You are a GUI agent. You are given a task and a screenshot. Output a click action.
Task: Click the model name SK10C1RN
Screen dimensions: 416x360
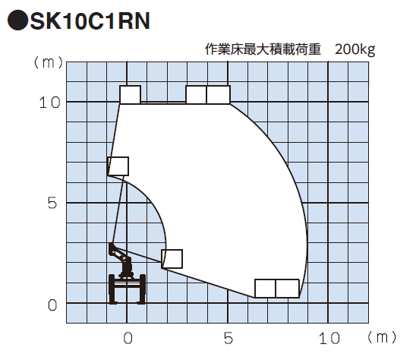point(90,21)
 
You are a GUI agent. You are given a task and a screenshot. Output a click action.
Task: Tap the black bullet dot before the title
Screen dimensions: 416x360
point(17,21)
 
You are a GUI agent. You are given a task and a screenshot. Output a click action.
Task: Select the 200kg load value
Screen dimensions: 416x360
point(355,49)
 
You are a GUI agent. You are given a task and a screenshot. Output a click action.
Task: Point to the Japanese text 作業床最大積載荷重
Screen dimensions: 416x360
point(263,49)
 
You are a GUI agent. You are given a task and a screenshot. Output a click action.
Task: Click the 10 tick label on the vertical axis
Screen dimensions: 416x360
point(49,103)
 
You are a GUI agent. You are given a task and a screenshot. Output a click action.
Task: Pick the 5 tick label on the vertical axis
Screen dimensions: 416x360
point(52,203)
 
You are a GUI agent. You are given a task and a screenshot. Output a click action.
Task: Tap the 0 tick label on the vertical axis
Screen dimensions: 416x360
point(52,305)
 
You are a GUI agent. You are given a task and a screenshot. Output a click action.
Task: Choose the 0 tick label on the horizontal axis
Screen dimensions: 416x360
point(128,339)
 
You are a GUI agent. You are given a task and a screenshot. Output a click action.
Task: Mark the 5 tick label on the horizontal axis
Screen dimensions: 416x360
point(228,339)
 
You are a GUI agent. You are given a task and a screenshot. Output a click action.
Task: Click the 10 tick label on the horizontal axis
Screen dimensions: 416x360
point(329,339)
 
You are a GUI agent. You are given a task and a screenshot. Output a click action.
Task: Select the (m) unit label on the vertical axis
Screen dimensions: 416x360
point(49,62)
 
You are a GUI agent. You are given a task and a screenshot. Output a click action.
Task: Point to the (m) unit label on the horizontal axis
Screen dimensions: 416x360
point(382,337)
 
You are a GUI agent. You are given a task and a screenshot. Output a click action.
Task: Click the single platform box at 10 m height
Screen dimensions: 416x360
point(131,94)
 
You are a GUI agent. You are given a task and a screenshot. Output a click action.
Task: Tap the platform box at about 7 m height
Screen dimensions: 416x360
point(118,166)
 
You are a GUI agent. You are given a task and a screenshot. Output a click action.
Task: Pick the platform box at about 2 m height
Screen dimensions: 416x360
point(172,259)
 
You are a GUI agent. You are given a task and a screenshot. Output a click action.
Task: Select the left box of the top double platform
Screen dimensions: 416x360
point(197,94)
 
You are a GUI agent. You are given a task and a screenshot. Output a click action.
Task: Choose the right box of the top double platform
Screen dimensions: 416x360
point(219,94)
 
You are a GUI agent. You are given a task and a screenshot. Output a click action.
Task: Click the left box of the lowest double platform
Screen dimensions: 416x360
point(265,289)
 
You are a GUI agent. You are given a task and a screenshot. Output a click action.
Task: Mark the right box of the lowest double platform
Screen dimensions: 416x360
point(288,289)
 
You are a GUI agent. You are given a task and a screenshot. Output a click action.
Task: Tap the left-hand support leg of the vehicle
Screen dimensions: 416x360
point(112,289)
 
